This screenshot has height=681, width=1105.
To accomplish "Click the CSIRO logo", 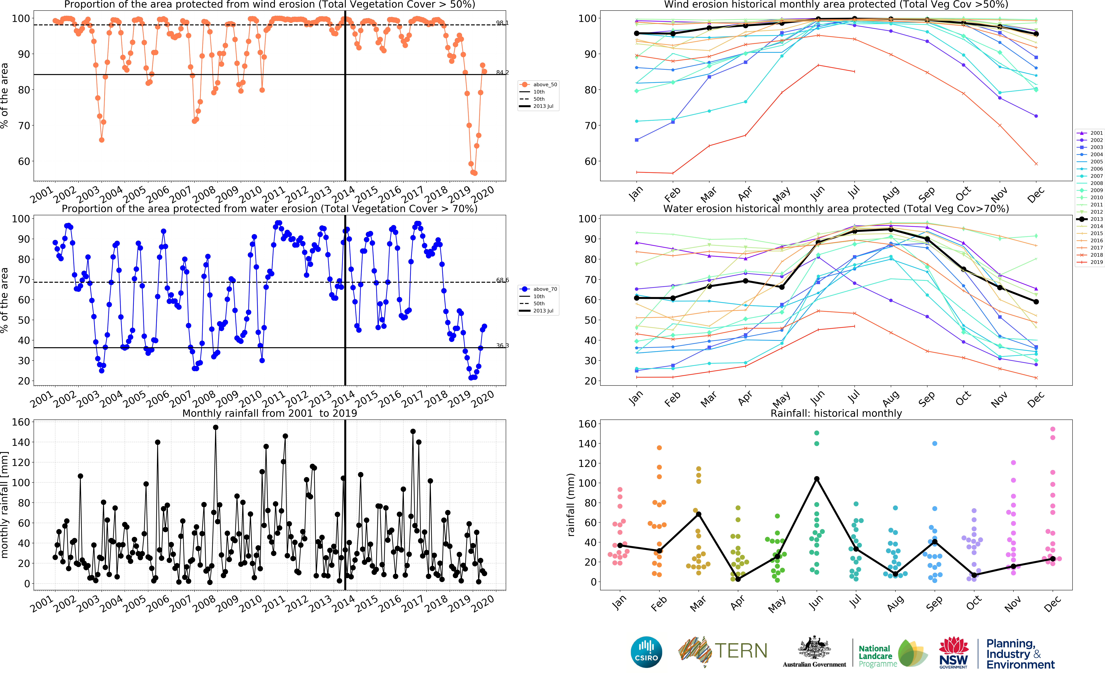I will (x=646, y=652).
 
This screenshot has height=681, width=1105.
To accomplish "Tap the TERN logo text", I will (x=741, y=651).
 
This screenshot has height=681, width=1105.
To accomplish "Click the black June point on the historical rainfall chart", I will (x=817, y=479).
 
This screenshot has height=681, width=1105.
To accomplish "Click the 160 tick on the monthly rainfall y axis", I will (x=21, y=422).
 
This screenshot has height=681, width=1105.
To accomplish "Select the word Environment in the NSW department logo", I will (x=1020, y=665).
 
